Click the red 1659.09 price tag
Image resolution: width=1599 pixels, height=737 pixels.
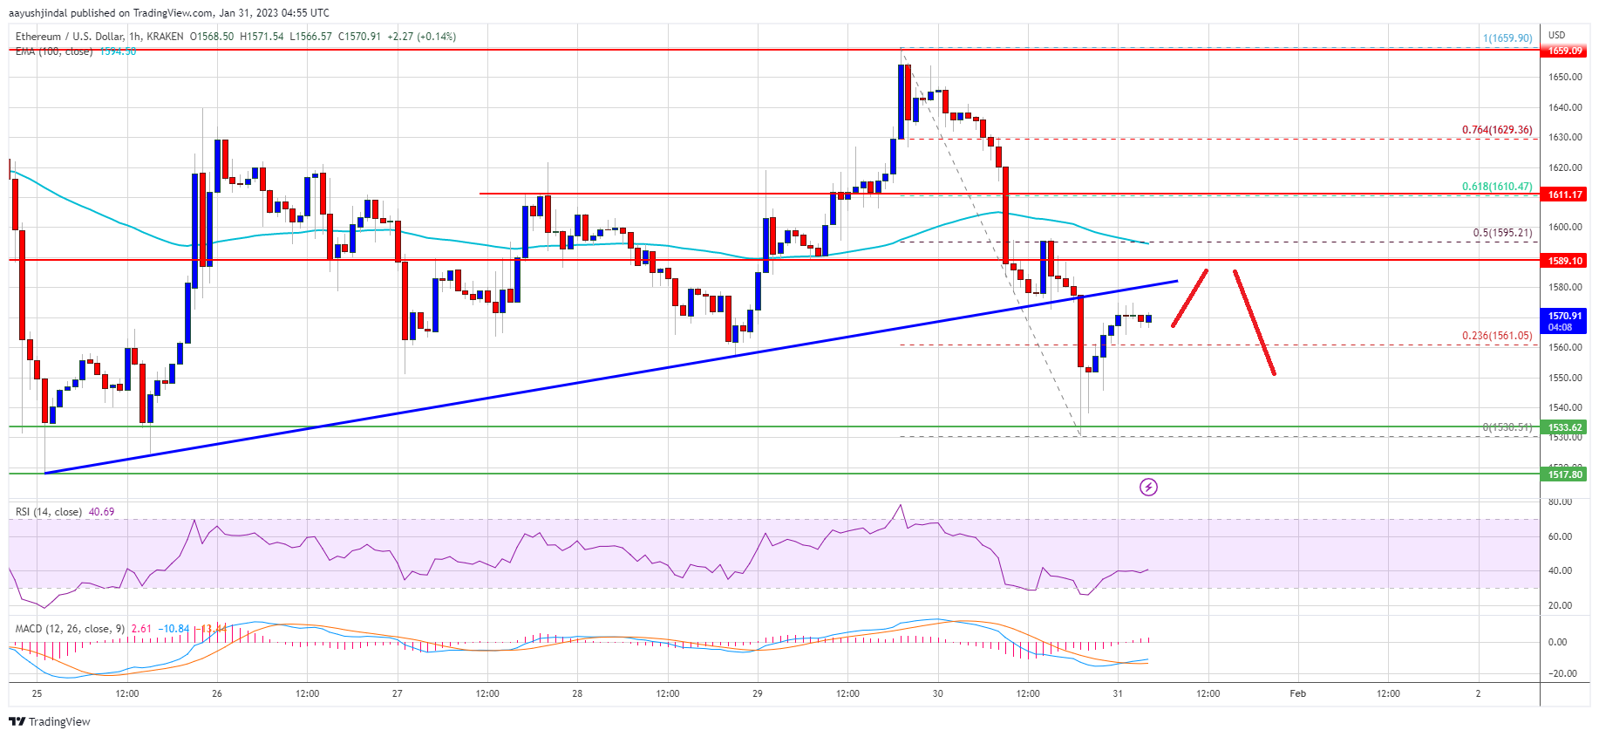click(1564, 51)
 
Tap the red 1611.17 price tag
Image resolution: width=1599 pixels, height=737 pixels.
click(1564, 194)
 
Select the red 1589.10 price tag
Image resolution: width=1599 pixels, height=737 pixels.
click(1564, 261)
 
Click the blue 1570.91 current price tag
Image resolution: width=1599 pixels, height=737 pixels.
click(1564, 320)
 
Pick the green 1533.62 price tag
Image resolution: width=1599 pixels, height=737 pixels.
click(1564, 427)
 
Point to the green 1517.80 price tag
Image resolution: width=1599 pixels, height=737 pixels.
click(1564, 474)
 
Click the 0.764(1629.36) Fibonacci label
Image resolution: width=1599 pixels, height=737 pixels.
click(1496, 130)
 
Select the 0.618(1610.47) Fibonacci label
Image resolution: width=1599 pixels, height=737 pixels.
click(1496, 187)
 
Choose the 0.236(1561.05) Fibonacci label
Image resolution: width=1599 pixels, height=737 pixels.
click(1496, 336)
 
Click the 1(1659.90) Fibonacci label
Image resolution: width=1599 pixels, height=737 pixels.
click(1507, 38)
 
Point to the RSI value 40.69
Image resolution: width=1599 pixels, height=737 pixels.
click(101, 512)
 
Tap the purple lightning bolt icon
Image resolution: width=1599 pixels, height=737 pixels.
click(1148, 487)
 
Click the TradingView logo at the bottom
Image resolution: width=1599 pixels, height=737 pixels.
click(50, 721)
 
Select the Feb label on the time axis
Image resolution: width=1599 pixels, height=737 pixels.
click(1297, 693)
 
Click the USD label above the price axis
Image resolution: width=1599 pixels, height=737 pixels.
click(1556, 35)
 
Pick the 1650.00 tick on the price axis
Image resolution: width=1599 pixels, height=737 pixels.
click(1564, 77)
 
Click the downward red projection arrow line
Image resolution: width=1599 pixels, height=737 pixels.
click(1255, 323)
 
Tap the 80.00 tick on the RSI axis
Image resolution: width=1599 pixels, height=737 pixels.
click(1560, 502)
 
